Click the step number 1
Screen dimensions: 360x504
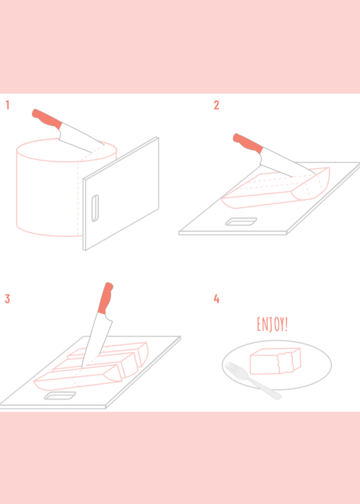[x=7, y=105]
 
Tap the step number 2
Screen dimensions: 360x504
[x=216, y=105]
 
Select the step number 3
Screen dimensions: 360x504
[x=7, y=299]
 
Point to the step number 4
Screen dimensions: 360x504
[x=216, y=299]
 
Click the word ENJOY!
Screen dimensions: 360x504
[x=272, y=324]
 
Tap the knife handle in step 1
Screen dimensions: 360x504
[x=47, y=119]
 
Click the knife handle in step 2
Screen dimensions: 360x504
[x=248, y=143]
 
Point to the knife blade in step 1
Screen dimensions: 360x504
[x=81, y=138]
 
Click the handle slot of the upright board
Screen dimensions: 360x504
[x=95, y=208]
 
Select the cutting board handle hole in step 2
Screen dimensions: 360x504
[x=241, y=222]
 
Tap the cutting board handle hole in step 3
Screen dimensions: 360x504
[x=60, y=396]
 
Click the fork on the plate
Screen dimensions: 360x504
[x=253, y=380]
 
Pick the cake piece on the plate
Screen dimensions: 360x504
[x=276, y=361]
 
